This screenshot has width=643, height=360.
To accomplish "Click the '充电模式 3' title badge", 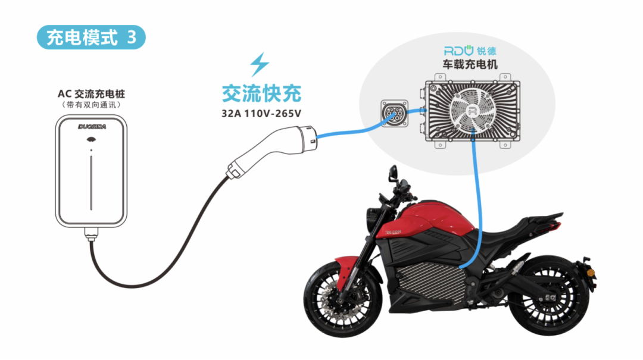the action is point(91,37).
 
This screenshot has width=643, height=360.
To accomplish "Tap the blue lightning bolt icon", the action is point(260,64).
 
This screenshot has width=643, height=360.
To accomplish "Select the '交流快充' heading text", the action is point(261,93).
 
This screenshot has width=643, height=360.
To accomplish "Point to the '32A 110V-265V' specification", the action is point(261,114).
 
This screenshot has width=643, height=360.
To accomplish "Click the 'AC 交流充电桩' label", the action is point(91,94).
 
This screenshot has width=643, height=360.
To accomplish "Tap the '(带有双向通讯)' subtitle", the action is point(91,105).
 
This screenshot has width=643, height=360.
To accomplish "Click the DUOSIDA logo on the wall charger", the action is point(92,127).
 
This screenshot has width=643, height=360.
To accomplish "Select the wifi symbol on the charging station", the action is point(91,140).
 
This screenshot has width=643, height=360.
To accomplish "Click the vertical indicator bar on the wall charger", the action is point(91,183).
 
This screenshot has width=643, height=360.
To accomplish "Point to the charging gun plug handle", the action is point(271,152).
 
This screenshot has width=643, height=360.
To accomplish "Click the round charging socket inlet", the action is point(394,113).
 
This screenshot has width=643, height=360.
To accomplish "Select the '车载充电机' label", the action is point(470,64).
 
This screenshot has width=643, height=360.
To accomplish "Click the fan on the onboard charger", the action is point(472,110).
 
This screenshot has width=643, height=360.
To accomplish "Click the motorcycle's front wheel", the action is point(342,299).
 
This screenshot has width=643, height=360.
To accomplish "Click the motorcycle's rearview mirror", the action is point(393,172).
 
